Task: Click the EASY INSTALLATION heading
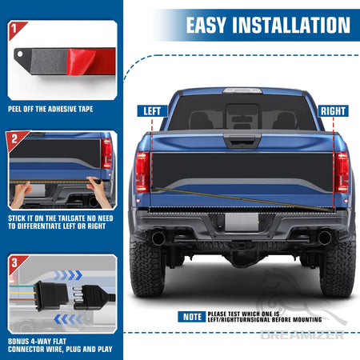(x=269, y=24)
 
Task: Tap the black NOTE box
(x=191, y=316)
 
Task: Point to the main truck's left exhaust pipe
(x=158, y=238)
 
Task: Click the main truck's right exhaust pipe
(x=324, y=238)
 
